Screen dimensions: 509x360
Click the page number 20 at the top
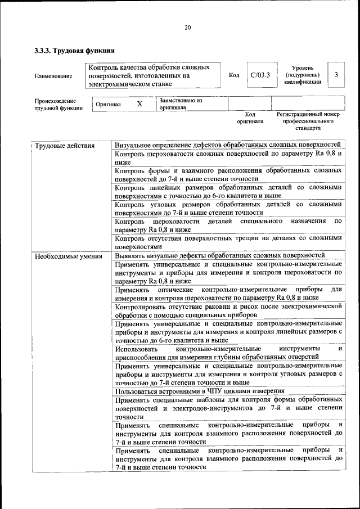pos(187,27)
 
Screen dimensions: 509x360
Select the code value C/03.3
pos(260,75)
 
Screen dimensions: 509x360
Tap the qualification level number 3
pos(336,75)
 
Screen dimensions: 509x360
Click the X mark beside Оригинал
pos(139,104)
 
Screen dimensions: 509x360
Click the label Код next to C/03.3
pos(234,75)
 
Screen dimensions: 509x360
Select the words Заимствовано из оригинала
pos(181,103)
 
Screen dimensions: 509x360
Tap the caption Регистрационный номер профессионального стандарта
pos(308,121)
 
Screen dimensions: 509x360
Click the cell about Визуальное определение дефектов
pos(228,146)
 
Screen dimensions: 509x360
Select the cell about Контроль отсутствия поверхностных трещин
pos(228,242)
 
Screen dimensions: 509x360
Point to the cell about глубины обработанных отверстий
pos(228,352)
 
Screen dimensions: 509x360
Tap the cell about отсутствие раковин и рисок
pos(228,310)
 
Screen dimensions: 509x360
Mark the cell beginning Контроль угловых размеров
pos(228,208)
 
